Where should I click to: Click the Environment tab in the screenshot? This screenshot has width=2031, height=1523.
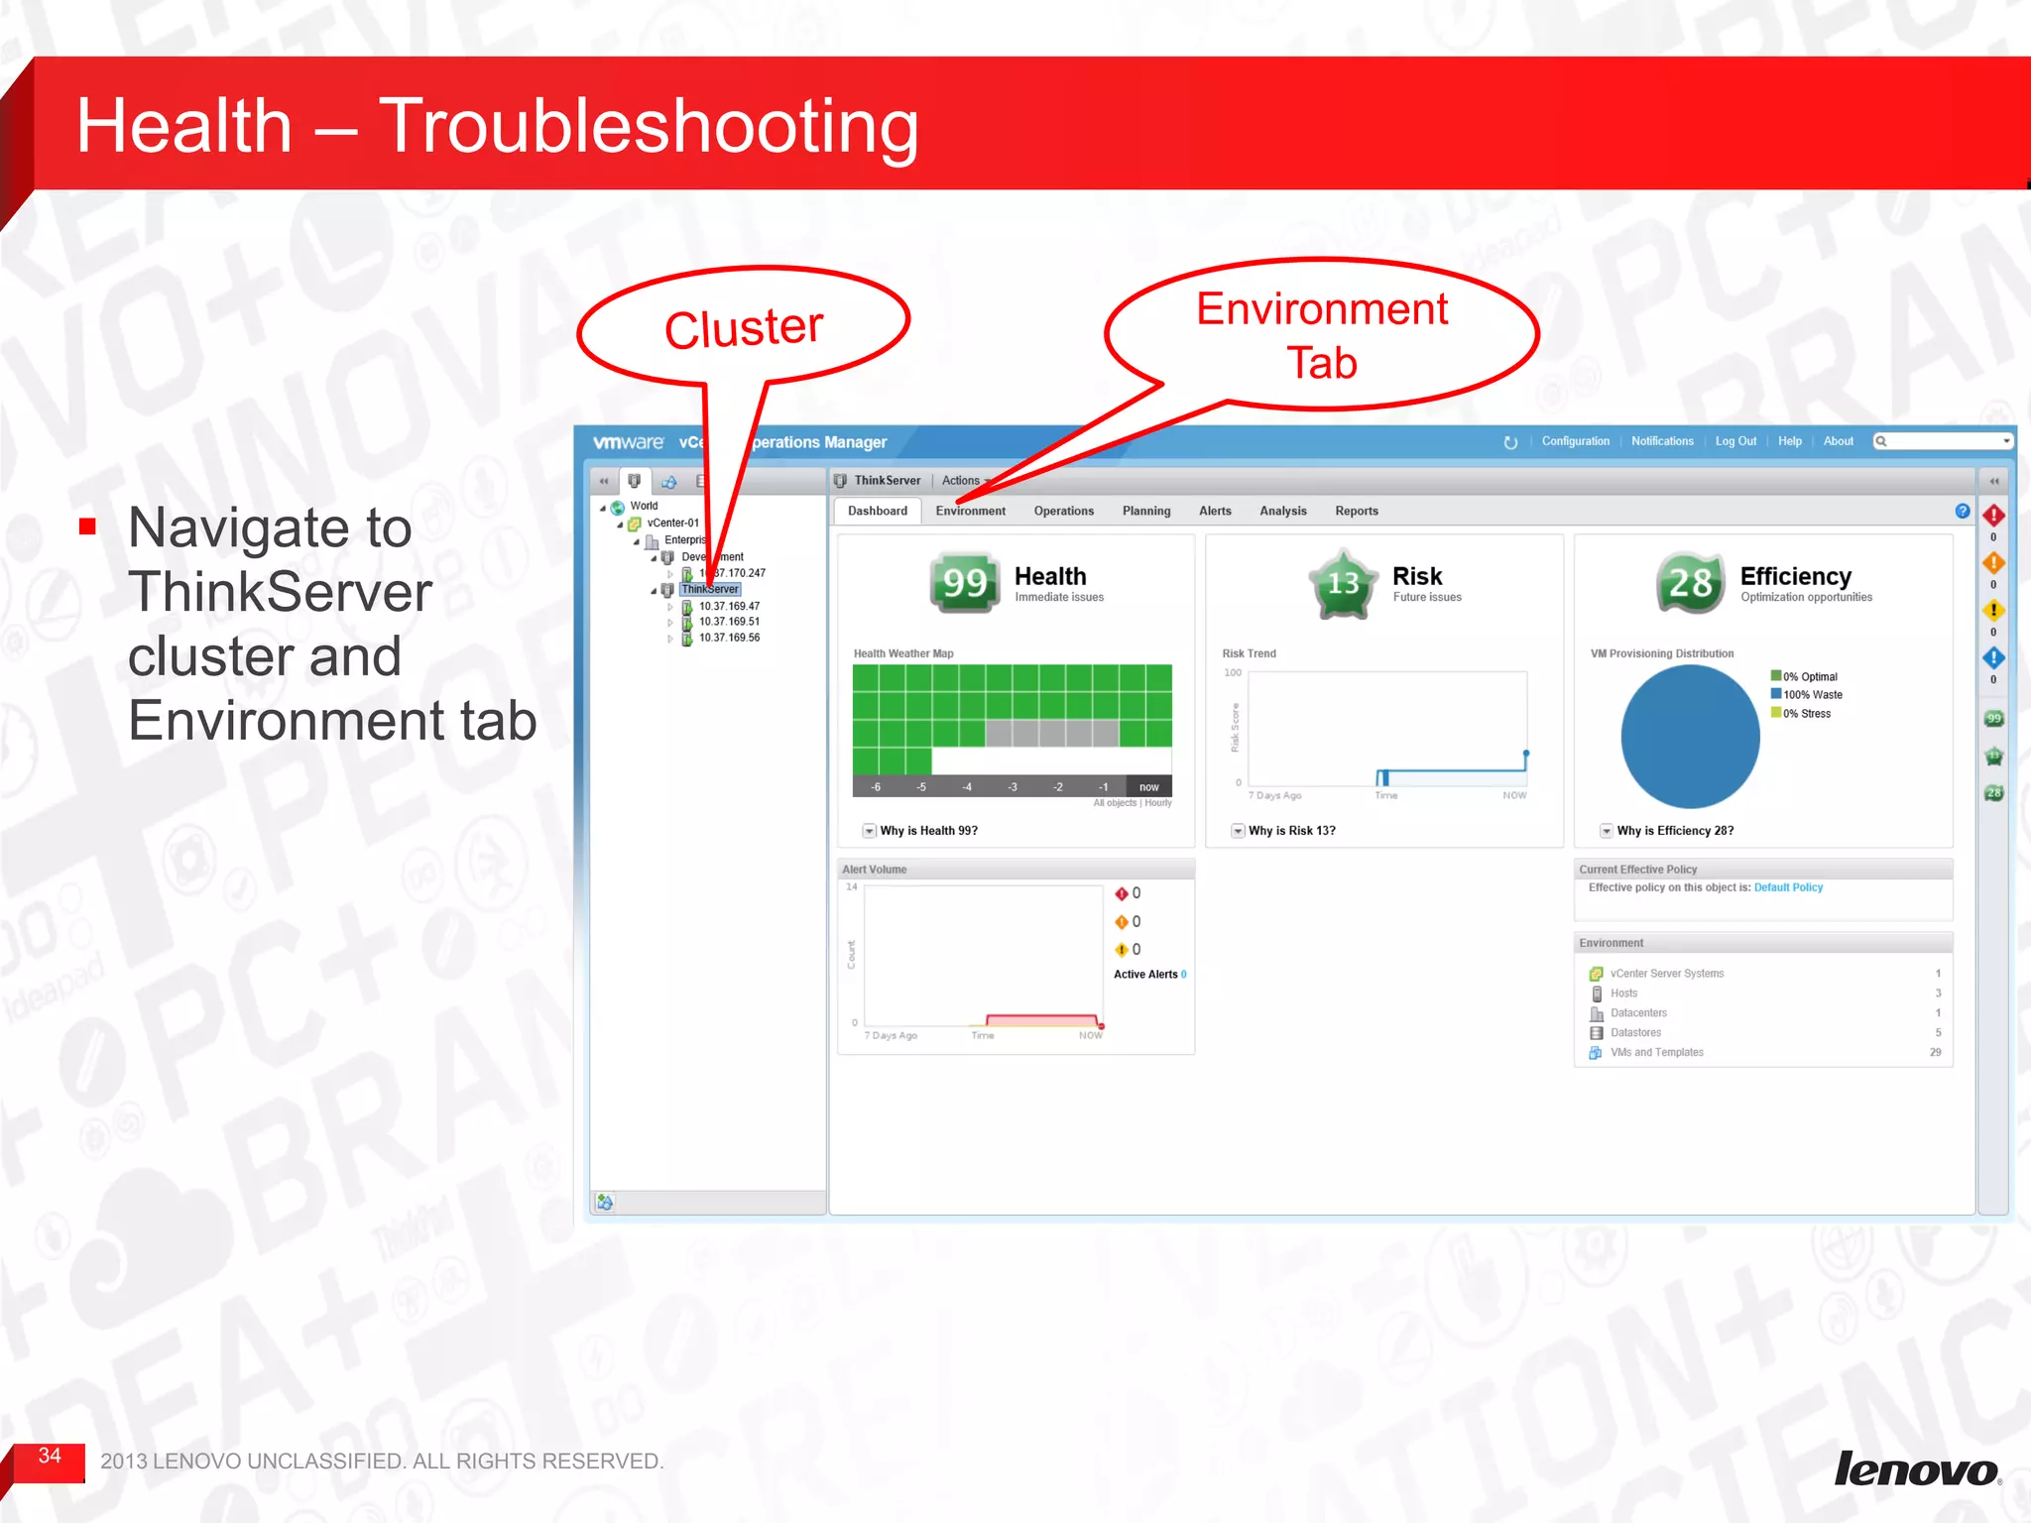pos(970,512)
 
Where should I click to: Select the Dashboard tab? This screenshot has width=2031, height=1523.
pos(877,512)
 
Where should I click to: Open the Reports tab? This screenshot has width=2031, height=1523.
pos(1356,512)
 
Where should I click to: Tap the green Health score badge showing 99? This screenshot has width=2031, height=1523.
pos(964,583)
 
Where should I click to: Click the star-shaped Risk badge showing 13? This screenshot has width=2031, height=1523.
pos(1343,584)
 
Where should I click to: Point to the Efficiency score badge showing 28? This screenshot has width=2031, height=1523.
pos(1689,583)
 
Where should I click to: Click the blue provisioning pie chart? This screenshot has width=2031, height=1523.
pos(1689,737)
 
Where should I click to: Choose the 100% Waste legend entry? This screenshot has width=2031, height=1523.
pos(1812,695)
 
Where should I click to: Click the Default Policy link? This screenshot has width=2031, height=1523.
pos(1788,888)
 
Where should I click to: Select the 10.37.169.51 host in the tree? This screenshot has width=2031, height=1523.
pos(729,623)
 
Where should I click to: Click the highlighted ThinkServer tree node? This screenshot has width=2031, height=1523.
pos(710,590)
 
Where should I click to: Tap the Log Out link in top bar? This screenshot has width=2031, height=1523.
pos(1735,442)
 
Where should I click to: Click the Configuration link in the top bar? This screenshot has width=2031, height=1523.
pos(1575,442)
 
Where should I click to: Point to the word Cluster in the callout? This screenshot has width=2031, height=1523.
pos(744,328)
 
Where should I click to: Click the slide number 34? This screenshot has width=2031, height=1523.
pos(50,1456)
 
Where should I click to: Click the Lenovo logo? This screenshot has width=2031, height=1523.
pos(1916,1469)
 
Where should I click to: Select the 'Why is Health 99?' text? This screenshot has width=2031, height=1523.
pos(928,832)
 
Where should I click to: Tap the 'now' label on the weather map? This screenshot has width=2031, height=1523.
pos(1148,787)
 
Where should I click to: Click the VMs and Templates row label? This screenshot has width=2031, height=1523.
pos(1656,1053)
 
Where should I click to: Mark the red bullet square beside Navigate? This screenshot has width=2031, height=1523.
pos(88,527)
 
